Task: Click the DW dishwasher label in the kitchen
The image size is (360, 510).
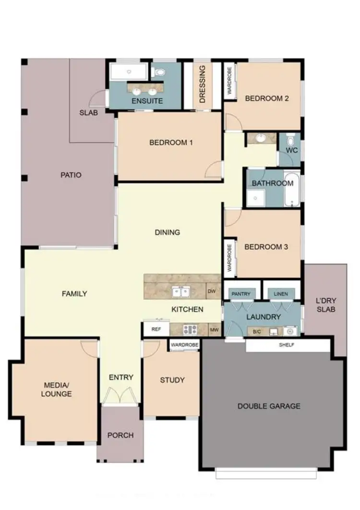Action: coord(211,291)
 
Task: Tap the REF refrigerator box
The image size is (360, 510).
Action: coord(156,329)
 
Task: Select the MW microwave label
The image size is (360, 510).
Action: coord(214,330)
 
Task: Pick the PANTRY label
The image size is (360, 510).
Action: coord(241,294)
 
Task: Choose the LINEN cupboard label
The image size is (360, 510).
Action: coord(281,294)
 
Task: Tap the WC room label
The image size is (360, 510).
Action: coord(292,150)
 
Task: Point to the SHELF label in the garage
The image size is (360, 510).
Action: coord(287,345)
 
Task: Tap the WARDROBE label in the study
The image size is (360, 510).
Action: coord(184,345)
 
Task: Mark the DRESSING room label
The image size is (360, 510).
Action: coord(202,85)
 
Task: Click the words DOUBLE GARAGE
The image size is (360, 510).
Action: coord(269,406)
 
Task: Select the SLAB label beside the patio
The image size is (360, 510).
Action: coord(89,113)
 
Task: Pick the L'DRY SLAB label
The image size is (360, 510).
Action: coord(325,305)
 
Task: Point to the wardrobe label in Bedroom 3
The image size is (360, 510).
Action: coord(230,258)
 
